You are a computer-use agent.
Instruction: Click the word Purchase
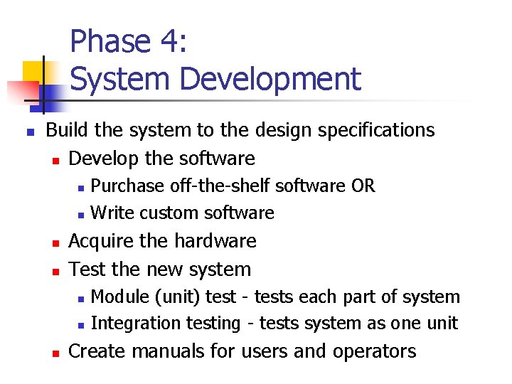pyautogui.click(x=127, y=186)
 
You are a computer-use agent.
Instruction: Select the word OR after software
pyautogui.click(x=363, y=186)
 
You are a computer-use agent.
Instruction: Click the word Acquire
pyautogui.click(x=101, y=242)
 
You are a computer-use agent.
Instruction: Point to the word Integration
pyautogui.click(x=137, y=324)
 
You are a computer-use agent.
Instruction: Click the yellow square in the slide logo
pyautogui.click(x=33, y=71)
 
